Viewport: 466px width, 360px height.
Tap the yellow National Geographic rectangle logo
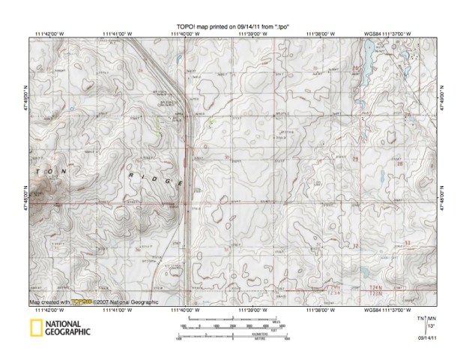click(x=34, y=329)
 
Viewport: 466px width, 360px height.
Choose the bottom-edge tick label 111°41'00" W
click(x=120, y=309)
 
